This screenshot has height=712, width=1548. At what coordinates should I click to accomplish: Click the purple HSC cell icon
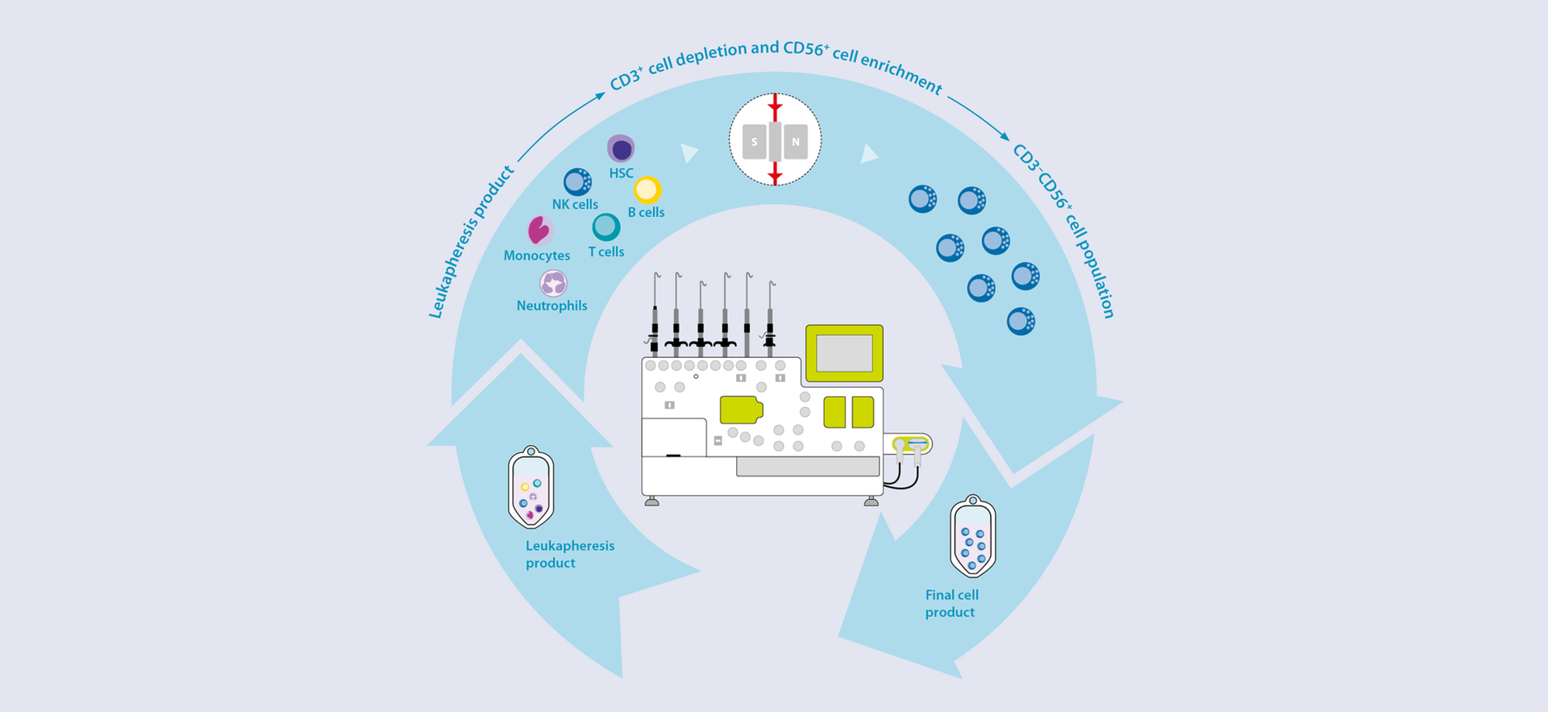tap(621, 149)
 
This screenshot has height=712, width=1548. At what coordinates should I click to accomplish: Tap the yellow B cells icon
tap(647, 190)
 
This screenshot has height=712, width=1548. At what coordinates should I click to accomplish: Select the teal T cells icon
tap(606, 227)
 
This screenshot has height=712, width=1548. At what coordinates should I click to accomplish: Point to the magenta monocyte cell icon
tap(539, 231)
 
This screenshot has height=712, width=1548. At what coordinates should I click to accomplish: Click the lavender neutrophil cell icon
tap(553, 283)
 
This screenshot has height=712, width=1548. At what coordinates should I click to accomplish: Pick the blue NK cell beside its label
tap(577, 182)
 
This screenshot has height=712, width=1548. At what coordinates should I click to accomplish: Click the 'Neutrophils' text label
tap(551, 306)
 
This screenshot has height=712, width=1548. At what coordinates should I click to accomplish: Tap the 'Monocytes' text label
tap(536, 256)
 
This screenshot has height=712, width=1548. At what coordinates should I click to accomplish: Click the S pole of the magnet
tap(755, 142)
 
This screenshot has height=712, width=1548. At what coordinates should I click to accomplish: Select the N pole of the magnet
tap(796, 142)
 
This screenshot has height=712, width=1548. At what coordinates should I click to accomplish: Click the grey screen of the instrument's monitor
tap(844, 353)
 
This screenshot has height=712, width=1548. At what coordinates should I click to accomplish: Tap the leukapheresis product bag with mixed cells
tap(531, 487)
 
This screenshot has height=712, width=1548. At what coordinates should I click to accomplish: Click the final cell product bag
tap(973, 536)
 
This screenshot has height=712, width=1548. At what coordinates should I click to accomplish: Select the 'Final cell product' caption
tap(951, 603)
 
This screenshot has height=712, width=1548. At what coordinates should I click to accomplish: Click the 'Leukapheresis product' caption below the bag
tap(569, 554)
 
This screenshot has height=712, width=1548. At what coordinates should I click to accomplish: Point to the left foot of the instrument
tap(652, 502)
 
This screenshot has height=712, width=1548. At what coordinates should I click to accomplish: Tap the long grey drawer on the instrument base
tap(807, 466)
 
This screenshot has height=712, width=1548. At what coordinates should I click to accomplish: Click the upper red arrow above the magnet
tap(775, 106)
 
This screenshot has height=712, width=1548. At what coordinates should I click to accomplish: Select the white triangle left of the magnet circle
tap(689, 152)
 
